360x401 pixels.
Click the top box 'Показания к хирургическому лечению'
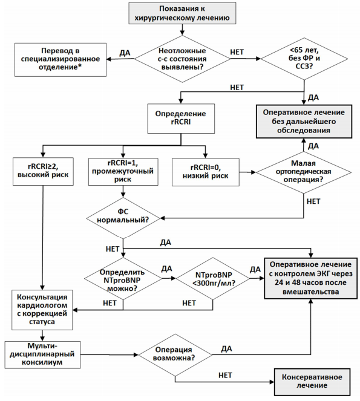(182, 13)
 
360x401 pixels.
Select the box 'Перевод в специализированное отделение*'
(61, 60)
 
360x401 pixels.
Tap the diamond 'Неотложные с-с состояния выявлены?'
(182, 59)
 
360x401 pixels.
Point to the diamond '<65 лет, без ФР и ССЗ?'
(304, 59)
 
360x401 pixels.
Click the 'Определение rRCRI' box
(181, 118)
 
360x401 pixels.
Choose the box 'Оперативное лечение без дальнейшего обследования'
(304, 121)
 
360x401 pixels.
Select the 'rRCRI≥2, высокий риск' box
(43, 171)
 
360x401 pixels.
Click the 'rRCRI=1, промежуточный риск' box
(123, 172)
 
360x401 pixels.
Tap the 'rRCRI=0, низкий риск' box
(206, 172)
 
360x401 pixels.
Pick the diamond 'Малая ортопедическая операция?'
(304, 172)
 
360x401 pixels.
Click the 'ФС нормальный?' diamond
(123, 218)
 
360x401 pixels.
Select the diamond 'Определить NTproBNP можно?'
(123, 278)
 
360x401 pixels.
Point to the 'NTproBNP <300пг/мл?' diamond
(212, 278)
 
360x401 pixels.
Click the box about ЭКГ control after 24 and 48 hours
(310, 278)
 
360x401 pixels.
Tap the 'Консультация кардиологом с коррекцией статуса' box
(42, 310)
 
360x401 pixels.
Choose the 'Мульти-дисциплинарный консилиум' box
(42, 354)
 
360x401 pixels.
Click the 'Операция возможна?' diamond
(175, 354)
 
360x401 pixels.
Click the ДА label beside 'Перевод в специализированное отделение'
(125, 53)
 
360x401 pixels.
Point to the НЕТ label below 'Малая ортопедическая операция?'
(313, 201)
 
